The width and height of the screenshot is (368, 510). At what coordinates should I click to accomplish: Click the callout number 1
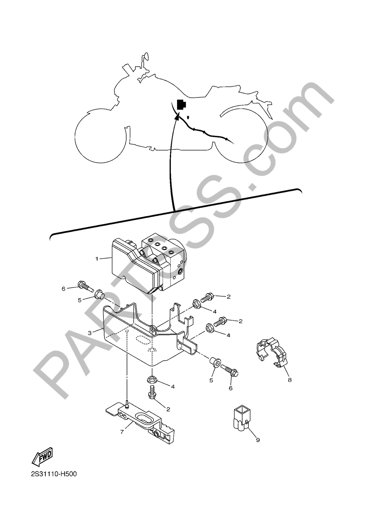(x=97, y=259)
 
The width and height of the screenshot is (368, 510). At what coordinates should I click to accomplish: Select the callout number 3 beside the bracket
(x=90, y=333)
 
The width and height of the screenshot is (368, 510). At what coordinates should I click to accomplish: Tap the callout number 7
(x=122, y=432)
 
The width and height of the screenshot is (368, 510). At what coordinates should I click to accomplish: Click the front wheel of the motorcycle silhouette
(x=101, y=138)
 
